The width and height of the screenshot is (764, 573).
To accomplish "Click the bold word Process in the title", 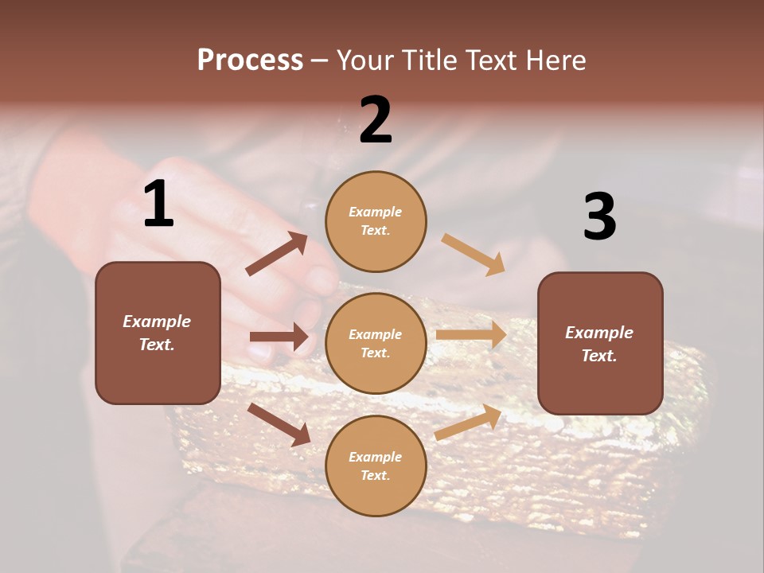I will (250, 60).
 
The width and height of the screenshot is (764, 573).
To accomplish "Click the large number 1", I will (158, 205).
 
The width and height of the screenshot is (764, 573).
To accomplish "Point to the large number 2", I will (376, 120).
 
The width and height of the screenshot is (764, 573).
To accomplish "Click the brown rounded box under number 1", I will (158, 333).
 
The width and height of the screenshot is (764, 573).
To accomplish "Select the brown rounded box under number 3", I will (600, 343).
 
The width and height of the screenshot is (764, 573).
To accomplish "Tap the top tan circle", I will (376, 221).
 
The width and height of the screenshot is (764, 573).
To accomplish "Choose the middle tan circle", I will (376, 343).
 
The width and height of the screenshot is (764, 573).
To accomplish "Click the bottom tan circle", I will (376, 466).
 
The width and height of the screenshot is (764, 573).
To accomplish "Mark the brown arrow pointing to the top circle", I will (277, 254).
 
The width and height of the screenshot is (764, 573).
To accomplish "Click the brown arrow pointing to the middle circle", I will (279, 337).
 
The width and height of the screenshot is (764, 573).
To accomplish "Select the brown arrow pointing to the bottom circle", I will (279, 424).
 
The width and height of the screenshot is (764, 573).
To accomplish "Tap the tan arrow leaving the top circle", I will (474, 255).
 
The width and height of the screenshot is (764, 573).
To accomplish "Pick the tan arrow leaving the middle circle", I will (471, 335).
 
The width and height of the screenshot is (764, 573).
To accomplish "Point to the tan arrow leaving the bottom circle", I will (468, 423).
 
